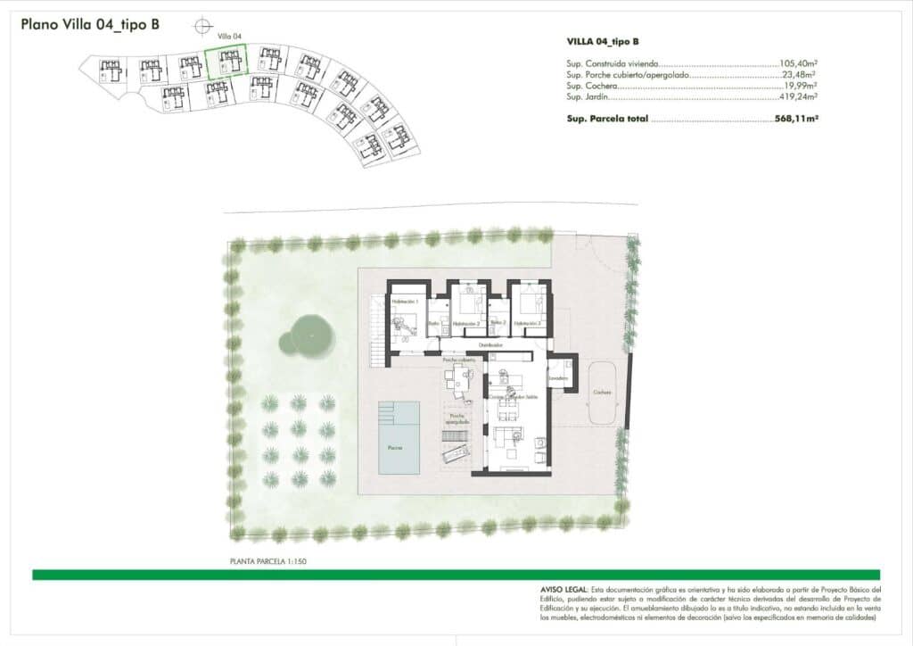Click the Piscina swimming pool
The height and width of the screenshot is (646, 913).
pyautogui.click(x=399, y=438)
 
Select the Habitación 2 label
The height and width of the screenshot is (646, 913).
pyautogui.click(x=466, y=323)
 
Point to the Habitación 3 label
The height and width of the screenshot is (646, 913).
pyautogui.click(x=528, y=323)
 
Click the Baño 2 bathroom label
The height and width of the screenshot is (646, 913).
pyautogui.click(x=498, y=323)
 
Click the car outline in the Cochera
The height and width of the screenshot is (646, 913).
pyautogui.click(x=602, y=393)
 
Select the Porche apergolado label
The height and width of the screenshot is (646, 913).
pyautogui.click(x=459, y=418)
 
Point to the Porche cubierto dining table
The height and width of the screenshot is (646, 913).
pyautogui.click(x=462, y=380)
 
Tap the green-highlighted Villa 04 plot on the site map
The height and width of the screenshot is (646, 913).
pyautogui.click(x=226, y=63)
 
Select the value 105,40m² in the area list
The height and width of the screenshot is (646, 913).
pyautogui.click(x=799, y=64)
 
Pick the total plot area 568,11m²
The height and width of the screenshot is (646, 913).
pyautogui.click(x=797, y=118)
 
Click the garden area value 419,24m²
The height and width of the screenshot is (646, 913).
pyautogui.click(x=799, y=96)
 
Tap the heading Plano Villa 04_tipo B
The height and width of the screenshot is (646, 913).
pyautogui.click(x=90, y=24)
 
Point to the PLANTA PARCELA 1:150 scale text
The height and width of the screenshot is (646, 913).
pyautogui.click(x=268, y=562)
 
